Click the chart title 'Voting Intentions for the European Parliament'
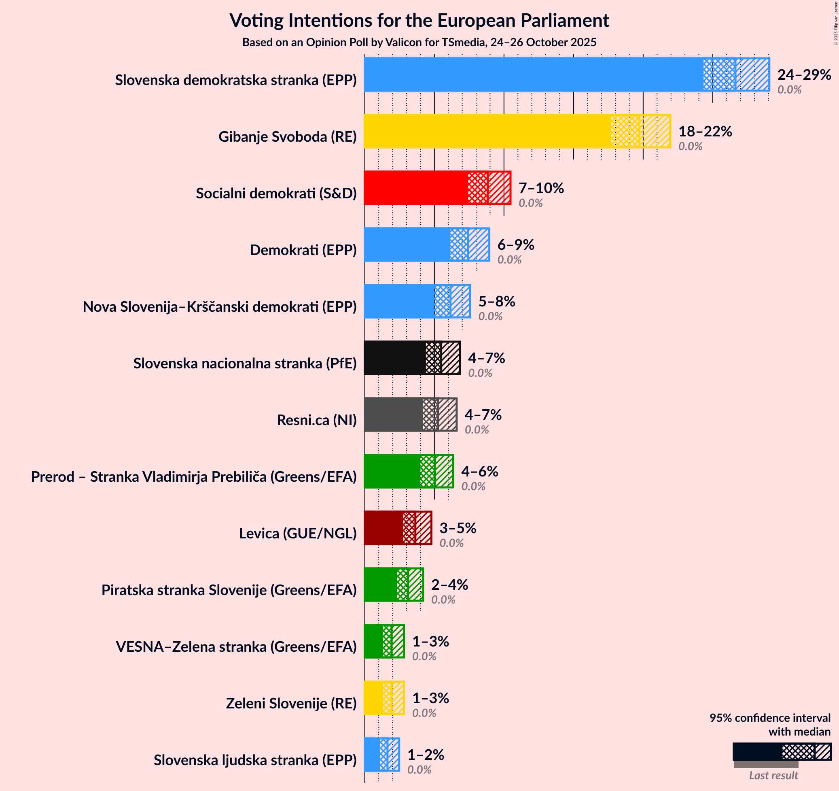(419, 20)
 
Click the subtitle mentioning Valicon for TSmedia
(419, 42)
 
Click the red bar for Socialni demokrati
(416, 188)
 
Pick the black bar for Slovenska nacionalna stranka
(394, 358)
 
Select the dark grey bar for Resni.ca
(393, 414)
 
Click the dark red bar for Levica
(383, 528)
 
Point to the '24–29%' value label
(804, 74)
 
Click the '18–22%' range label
(705, 131)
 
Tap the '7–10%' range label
(541, 188)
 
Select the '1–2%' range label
(426, 754)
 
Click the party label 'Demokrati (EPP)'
(303, 250)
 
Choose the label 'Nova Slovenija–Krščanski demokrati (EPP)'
(219, 306)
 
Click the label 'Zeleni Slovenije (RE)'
(291, 703)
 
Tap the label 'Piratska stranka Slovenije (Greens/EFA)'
(229, 590)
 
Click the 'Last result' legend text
(773, 775)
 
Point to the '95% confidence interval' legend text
(770, 718)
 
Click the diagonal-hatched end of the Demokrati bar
(479, 245)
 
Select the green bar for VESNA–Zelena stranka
(373, 641)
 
